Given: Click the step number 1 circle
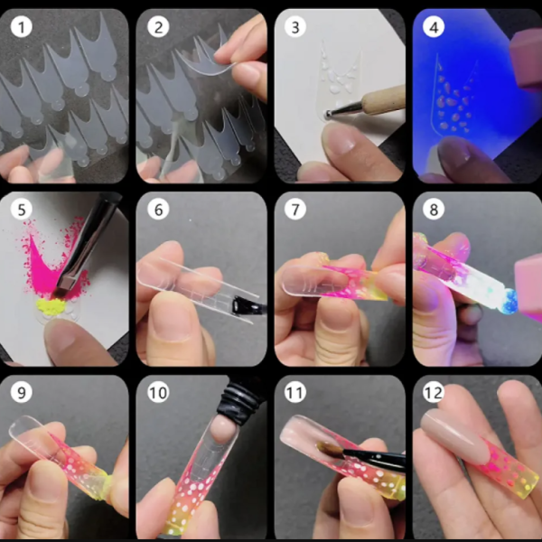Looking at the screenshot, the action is tap(22, 27).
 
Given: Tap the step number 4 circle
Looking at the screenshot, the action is tap(434, 27).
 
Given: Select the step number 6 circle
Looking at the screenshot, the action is tap(158, 210).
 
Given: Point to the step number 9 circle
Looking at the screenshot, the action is tap(22, 392).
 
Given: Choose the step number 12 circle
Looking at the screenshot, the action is tap(434, 392).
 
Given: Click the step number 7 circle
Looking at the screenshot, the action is tap(295, 210).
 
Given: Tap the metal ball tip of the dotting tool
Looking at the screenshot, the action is tap(327, 114).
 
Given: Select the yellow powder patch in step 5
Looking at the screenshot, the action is tap(51, 306).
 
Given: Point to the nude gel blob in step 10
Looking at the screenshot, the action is tap(222, 429).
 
